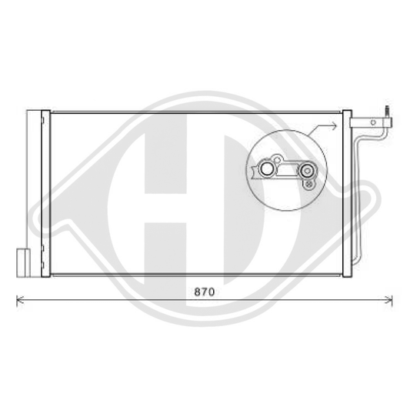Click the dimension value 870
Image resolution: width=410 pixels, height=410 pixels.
(203, 293)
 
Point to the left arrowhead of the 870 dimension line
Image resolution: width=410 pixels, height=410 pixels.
(19, 300)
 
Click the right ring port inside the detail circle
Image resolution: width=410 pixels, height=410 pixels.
(308, 172)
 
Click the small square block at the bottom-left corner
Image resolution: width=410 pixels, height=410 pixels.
(22, 259)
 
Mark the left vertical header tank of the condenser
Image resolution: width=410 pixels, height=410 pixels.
(46, 192)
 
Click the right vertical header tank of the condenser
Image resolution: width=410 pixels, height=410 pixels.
(347, 192)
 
